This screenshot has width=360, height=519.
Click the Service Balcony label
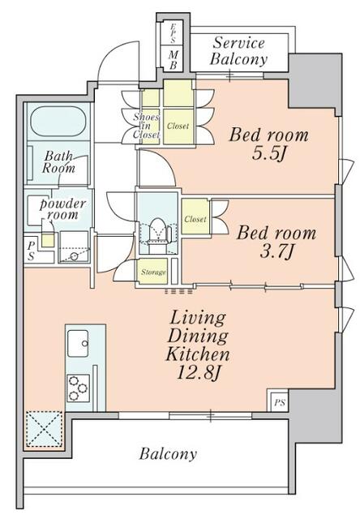[x=238, y=51]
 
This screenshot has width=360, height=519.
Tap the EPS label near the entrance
[x=173, y=33]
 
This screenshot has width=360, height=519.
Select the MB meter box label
[x=173, y=60]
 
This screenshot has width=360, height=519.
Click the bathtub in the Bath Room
[x=58, y=121]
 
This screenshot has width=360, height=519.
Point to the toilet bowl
[x=157, y=229]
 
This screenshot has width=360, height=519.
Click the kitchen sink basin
[x=78, y=343]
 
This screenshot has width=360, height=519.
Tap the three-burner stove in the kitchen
[x=78, y=388]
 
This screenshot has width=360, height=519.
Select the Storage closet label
[x=153, y=272]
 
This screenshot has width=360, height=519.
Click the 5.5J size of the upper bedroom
[x=268, y=153]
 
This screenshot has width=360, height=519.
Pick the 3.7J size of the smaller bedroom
[x=276, y=252]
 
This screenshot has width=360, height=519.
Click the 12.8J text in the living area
[x=198, y=373]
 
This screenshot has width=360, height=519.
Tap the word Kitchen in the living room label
[x=198, y=354]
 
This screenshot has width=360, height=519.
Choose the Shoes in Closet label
[x=146, y=126]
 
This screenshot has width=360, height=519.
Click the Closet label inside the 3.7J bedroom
[x=195, y=219]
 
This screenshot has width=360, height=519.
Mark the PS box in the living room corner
[x=279, y=403]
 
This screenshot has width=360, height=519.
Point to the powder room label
[x=63, y=209]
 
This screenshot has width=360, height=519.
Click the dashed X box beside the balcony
[x=44, y=429]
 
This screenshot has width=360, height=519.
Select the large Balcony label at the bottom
[x=168, y=453]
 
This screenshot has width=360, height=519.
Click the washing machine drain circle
[x=74, y=256]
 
